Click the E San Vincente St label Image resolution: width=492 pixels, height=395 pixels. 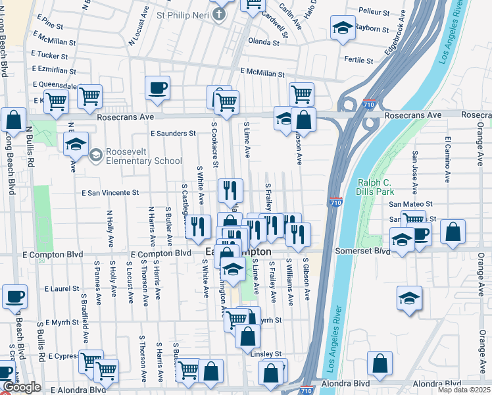tap(110, 193)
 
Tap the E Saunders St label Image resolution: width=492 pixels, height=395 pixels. tap(173, 133)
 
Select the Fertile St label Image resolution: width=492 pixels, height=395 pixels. tap(359, 60)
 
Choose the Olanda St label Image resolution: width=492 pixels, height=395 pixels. tap(264, 42)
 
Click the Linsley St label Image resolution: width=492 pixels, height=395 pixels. tap(266, 354)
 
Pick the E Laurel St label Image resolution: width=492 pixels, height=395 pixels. tap(62, 288)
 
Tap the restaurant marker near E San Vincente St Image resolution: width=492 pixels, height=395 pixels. tap(230, 190)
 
